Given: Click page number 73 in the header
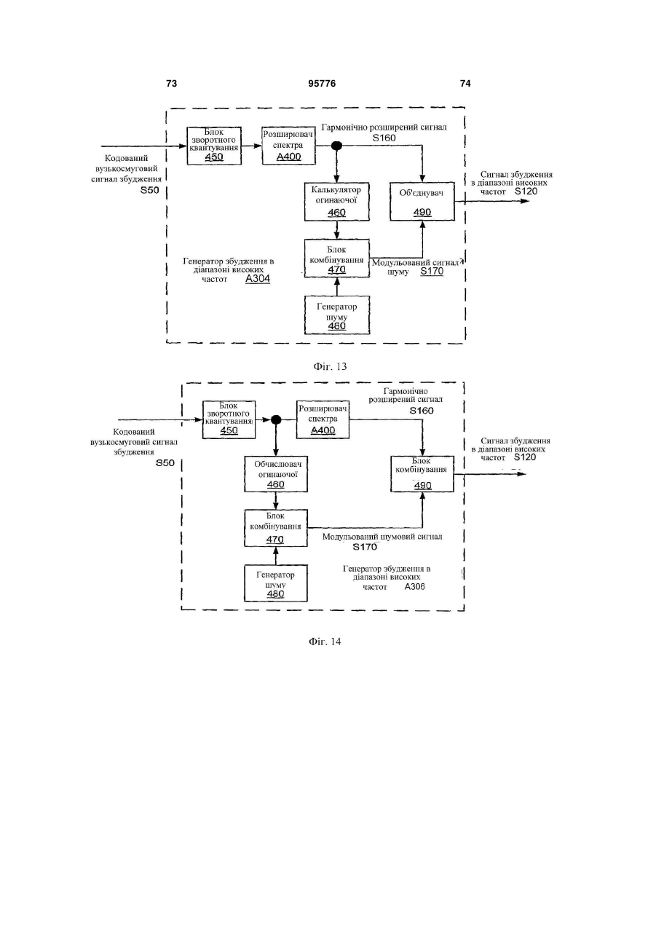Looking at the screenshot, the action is pyautogui.click(x=171, y=84).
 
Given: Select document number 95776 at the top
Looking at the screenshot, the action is pyautogui.click(x=322, y=84).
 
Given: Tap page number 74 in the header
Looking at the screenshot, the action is pyautogui.click(x=465, y=84).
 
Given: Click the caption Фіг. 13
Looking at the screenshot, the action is pyautogui.click(x=330, y=367).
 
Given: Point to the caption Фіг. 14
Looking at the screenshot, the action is pyautogui.click(x=325, y=642).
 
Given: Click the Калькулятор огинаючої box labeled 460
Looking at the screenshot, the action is pyautogui.click(x=337, y=202).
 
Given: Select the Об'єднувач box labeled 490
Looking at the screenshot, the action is pyautogui.click(x=422, y=202).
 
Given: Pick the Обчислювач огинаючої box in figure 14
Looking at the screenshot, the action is pyautogui.click(x=276, y=474).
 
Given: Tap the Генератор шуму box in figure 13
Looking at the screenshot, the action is pyautogui.click(x=337, y=315).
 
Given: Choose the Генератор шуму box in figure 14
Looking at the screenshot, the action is pyautogui.click(x=276, y=583).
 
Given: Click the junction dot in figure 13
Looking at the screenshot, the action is pyautogui.click(x=336, y=146).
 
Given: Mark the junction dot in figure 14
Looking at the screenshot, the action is pyautogui.click(x=276, y=420).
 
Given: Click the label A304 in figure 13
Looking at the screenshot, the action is pyautogui.click(x=258, y=279).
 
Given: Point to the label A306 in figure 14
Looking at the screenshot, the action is pyautogui.click(x=415, y=587).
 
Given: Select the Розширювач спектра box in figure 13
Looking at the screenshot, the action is pyautogui.click(x=288, y=146).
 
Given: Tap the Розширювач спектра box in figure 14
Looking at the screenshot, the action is pyautogui.click(x=323, y=419).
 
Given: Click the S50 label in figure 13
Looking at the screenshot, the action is pyautogui.click(x=149, y=191).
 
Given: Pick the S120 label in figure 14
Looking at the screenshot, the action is pyautogui.click(x=525, y=457).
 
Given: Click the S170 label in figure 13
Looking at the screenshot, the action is pyautogui.click(x=432, y=272).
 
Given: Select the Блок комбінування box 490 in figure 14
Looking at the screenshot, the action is pyautogui.click(x=422, y=474).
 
